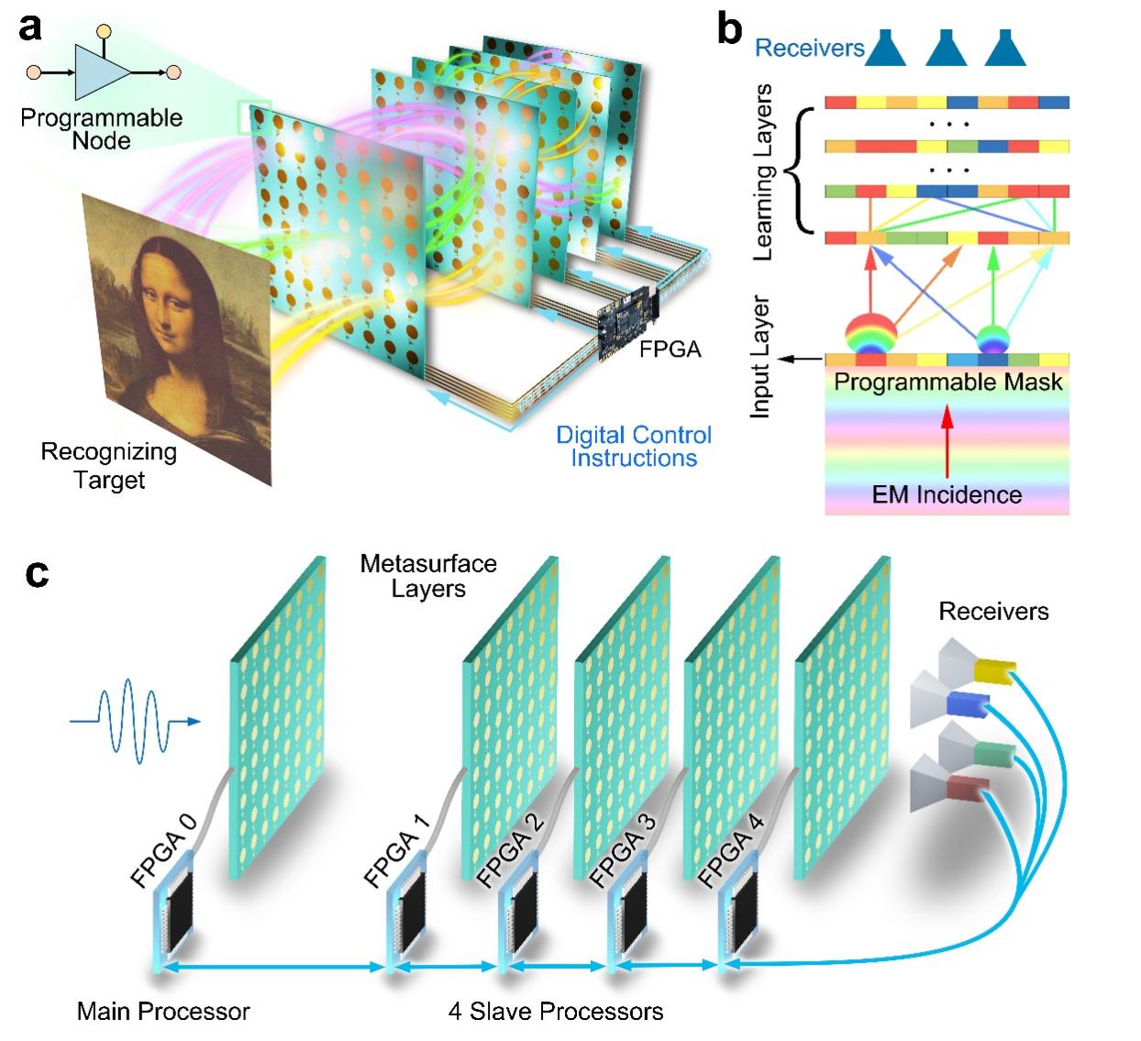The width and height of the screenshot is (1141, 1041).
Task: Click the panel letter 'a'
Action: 30,28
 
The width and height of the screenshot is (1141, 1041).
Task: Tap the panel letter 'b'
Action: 730,28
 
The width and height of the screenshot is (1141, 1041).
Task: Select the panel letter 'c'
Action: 37,574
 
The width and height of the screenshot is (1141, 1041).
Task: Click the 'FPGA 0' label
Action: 163,850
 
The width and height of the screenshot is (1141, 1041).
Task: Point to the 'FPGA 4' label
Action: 730,850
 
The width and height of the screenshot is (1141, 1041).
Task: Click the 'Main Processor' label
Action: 163,1012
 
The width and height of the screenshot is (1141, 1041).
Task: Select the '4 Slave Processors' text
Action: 555,1012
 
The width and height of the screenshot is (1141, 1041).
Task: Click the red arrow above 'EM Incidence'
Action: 947,441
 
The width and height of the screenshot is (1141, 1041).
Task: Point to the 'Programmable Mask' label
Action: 947,382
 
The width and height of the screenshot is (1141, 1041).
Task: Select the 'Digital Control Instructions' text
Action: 634,446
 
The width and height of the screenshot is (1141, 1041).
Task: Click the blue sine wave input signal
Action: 135,721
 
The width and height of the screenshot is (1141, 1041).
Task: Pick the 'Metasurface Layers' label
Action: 428,575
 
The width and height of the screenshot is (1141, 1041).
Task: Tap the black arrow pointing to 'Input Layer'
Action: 800,359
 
